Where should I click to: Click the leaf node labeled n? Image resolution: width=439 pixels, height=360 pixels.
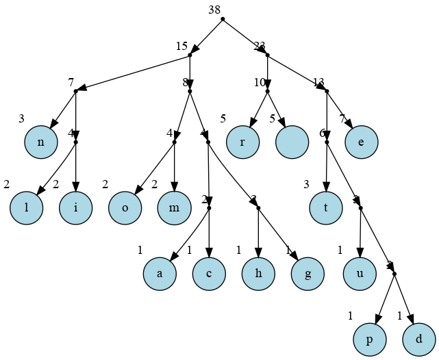41,142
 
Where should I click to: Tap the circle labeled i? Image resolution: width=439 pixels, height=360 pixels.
75,208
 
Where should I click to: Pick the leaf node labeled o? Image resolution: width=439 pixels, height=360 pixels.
125,208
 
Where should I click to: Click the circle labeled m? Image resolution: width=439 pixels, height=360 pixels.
175,208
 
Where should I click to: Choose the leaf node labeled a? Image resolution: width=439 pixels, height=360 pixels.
160,274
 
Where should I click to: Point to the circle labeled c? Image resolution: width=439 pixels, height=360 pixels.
210,274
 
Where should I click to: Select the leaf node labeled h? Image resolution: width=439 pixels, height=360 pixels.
259,274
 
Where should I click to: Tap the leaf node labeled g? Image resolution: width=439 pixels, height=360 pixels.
308,274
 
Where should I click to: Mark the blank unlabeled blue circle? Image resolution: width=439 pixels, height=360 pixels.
293,142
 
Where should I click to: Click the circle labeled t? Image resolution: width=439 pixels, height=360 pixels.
326,208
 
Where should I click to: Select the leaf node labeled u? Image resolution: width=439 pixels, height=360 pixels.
360,274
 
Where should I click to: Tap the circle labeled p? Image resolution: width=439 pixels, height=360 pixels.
371,339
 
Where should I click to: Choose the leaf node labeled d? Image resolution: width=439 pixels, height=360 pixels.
419,339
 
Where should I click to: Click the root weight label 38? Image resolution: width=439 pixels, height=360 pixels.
214,9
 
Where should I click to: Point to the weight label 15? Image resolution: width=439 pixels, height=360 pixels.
181,47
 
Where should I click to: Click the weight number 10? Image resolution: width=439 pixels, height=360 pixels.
260,83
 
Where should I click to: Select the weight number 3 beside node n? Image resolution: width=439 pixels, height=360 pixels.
21,118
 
